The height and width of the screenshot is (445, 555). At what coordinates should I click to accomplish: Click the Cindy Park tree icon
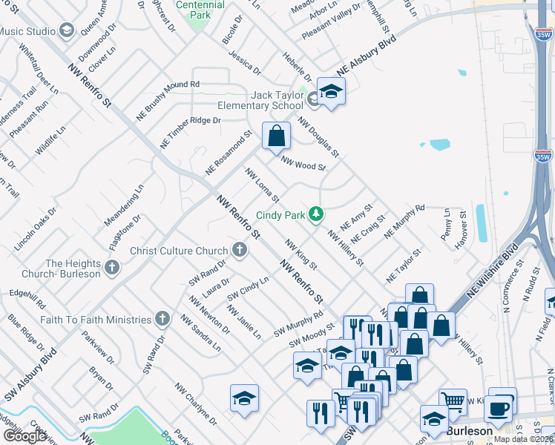[317, 214]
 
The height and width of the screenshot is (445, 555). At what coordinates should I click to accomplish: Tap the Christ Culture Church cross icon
[239, 250]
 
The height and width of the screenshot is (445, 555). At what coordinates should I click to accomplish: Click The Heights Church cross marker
[112, 268]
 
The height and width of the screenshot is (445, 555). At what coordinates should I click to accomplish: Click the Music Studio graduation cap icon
[68, 30]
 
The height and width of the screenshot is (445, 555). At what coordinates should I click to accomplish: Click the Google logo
[24, 436]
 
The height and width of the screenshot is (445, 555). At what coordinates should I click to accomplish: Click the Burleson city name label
[469, 431]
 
